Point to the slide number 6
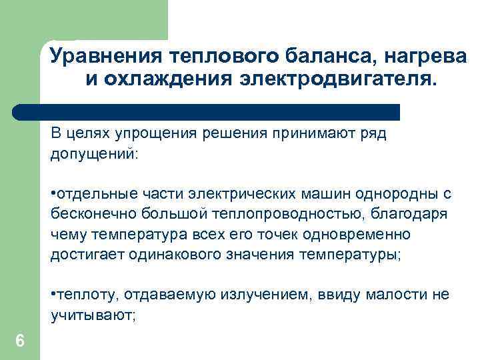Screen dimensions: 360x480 [20, 341]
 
